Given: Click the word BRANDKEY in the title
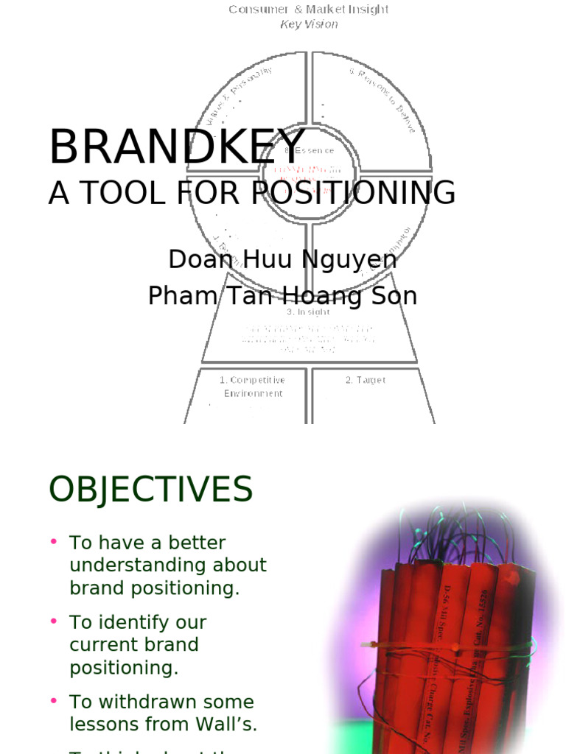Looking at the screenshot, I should (x=177, y=147).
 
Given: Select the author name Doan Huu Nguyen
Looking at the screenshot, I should (x=282, y=259).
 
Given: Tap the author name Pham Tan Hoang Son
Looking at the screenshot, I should (x=282, y=296).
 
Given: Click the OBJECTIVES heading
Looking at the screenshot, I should (x=150, y=490).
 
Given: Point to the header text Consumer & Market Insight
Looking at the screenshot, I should (x=308, y=10).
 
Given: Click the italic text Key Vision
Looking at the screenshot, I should (x=309, y=24).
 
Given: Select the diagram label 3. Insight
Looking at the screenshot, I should (x=308, y=312).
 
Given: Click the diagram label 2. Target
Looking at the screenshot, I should (x=366, y=381).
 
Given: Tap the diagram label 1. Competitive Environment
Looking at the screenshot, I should (x=252, y=387).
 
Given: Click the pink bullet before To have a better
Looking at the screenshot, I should (x=54, y=542).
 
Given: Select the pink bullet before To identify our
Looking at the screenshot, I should (x=54, y=621).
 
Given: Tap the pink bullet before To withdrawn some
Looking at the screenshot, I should (x=54, y=701).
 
